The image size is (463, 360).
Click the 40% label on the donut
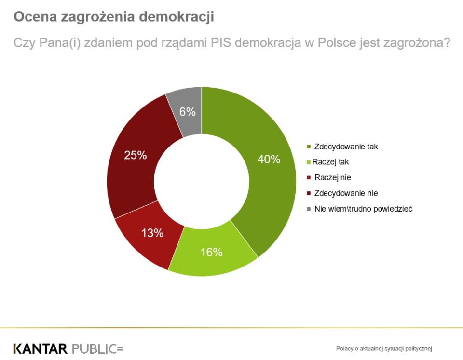click(x=269, y=160)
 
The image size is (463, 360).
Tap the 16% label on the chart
click(x=211, y=252)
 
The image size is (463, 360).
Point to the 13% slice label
click(x=152, y=233)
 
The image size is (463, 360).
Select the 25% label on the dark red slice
click(x=136, y=156)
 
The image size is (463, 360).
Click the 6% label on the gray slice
click(x=187, y=112)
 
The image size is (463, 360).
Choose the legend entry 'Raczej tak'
click(x=330, y=162)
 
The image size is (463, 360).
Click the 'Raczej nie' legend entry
click(x=332, y=178)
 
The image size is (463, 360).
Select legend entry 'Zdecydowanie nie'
click(x=346, y=193)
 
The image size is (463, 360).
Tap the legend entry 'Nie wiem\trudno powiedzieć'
click(x=363, y=209)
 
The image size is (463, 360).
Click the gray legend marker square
click(x=309, y=209)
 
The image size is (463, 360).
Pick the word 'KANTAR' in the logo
click(x=41, y=348)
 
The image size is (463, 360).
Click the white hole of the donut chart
click(x=201, y=181)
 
